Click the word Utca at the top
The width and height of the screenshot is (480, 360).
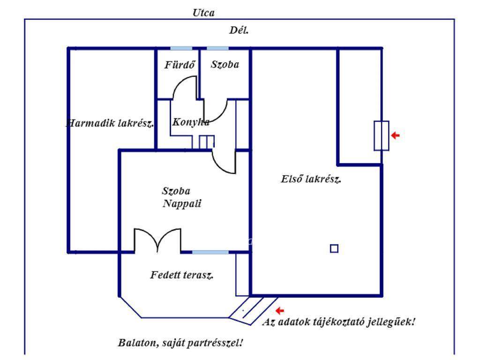[203, 13]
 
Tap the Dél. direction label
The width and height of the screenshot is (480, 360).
[239, 31]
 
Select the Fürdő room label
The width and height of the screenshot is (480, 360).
[180, 65]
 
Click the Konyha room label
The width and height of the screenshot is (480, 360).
[191, 122]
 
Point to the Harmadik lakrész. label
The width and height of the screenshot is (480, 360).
[111, 123]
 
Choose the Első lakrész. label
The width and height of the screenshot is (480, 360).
[311, 179]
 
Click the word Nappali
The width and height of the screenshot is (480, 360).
[179, 204]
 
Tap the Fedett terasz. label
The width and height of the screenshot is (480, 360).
[182, 275]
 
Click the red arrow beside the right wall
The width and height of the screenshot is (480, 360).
[396, 135]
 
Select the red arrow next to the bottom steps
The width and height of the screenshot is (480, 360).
[280, 310]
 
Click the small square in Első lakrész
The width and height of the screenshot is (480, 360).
[334, 248]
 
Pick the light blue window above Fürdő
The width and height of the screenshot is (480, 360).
[181, 48]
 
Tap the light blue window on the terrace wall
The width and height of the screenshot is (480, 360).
[210, 252]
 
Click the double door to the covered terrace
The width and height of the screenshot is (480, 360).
[157, 240]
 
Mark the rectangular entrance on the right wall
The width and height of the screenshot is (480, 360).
[381, 135]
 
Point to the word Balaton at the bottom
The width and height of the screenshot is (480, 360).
[137, 343]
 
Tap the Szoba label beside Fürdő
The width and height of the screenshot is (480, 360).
[225, 65]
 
